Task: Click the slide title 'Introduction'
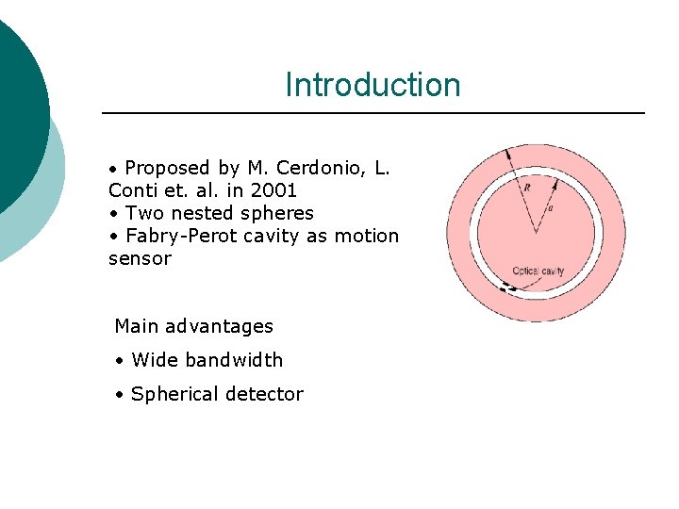pyautogui.click(x=373, y=85)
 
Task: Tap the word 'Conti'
pyautogui.click(x=133, y=190)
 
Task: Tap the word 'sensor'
pyautogui.click(x=140, y=258)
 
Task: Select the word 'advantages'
pyautogui.click(x=219, y=326)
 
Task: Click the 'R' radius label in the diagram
pyautogui.click(x=527, y=188)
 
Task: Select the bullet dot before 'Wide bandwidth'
pyautogui.click(x=121, y=361)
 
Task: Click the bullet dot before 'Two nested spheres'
pyautogui.click(x=113, y=214)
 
